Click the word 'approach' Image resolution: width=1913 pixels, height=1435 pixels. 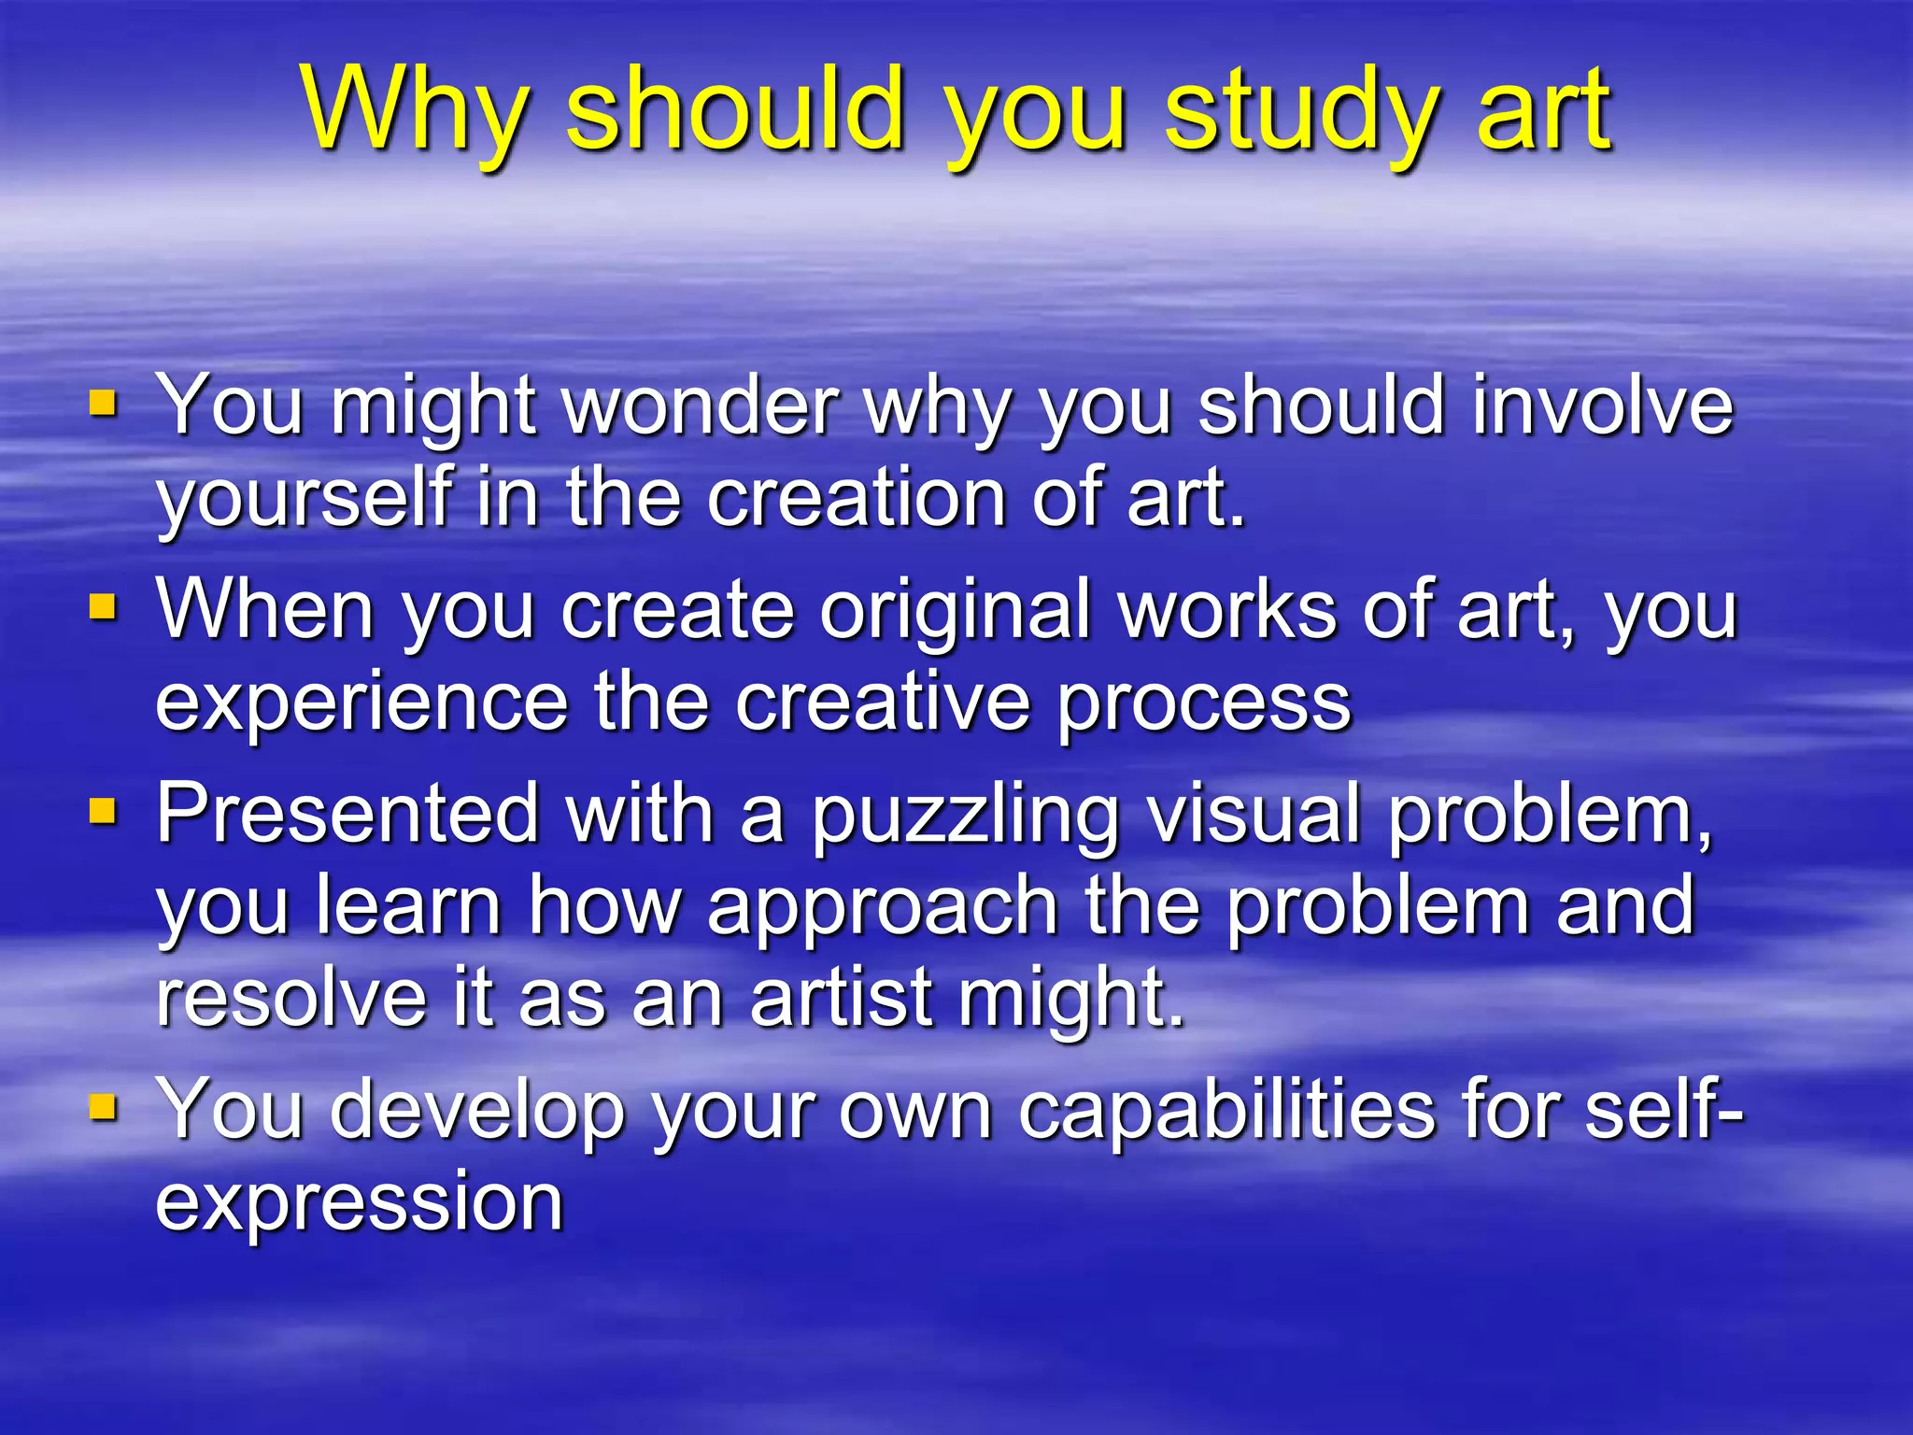tap(883, 906)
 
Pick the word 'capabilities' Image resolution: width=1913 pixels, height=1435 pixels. tap(1226, 1110)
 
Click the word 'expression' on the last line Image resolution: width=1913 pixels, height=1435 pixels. tap(360, 1202)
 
